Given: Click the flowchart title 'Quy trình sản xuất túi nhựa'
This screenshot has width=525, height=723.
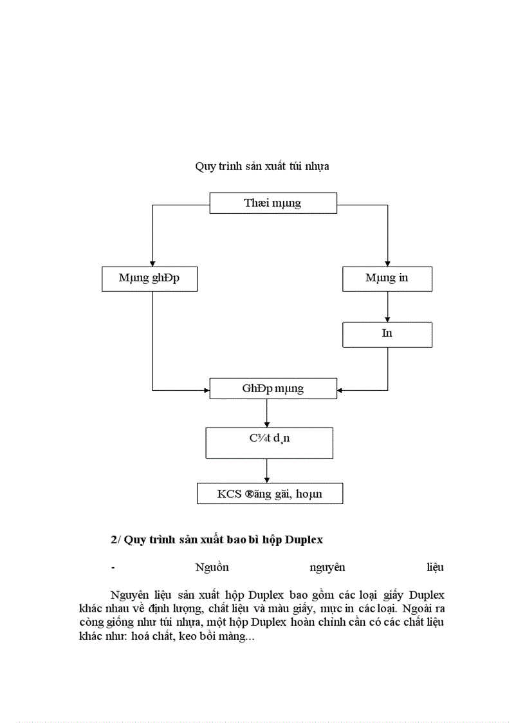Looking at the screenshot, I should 262,166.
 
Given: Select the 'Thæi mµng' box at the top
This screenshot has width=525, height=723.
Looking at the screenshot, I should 273,203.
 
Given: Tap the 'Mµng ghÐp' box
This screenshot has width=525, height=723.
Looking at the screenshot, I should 149,278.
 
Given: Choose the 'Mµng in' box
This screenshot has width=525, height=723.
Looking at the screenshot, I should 387,278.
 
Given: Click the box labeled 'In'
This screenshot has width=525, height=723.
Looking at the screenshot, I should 387,333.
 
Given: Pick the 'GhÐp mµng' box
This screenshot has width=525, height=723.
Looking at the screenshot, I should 273,389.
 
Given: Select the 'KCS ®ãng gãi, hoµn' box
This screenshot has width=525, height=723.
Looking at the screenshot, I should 270,494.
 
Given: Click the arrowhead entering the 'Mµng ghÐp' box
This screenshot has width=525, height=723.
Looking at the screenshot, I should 152,263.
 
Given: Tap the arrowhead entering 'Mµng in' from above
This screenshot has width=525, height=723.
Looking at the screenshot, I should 387,263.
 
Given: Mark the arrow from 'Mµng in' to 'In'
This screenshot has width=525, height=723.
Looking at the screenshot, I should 387,307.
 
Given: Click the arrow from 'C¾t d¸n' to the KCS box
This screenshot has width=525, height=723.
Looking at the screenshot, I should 267,471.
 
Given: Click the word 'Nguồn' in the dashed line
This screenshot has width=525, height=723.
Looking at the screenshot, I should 212,567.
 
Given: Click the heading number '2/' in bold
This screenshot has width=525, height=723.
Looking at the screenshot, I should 116,540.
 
